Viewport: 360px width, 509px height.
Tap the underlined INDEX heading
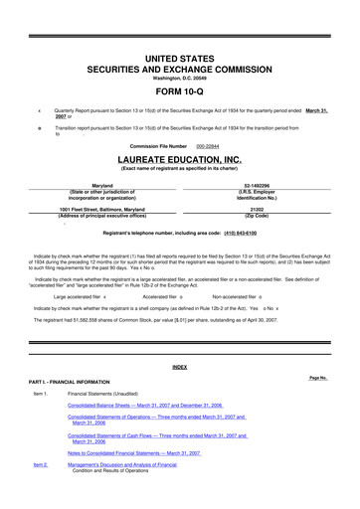(x=180, y=367)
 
